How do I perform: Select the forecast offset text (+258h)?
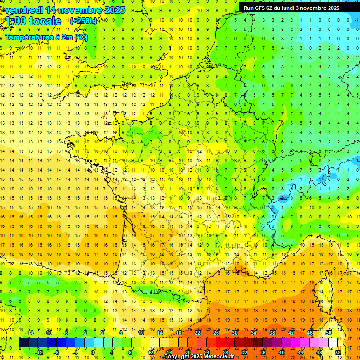point(83,21)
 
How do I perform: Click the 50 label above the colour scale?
point(328,333)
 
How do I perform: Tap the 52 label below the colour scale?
point(337,352)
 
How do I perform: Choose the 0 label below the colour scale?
point(93,352)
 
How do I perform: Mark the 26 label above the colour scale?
point(216,333)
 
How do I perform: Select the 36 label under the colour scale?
point(262,352)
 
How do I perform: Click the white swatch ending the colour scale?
point(333,343)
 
